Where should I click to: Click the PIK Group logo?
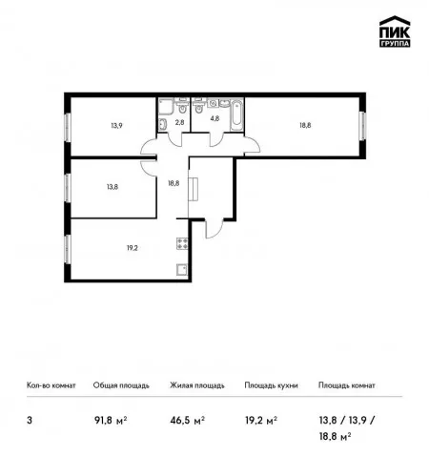395,31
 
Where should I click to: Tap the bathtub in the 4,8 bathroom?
236,115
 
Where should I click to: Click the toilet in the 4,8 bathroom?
199,107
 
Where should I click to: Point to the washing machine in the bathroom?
213,102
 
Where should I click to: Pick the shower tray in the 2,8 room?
166,106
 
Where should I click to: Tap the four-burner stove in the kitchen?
182,243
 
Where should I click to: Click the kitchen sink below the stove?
182,270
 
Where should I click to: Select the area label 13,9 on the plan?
116,126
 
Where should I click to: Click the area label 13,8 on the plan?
112,187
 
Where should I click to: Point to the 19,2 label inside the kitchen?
133,248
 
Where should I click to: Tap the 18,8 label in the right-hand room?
305,125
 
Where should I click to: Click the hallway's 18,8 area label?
174,183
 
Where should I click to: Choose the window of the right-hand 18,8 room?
362,126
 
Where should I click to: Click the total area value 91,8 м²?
111,421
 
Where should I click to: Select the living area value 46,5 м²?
188,421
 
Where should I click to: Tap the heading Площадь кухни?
271,385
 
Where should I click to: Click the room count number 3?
30,421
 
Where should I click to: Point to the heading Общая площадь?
121,385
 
